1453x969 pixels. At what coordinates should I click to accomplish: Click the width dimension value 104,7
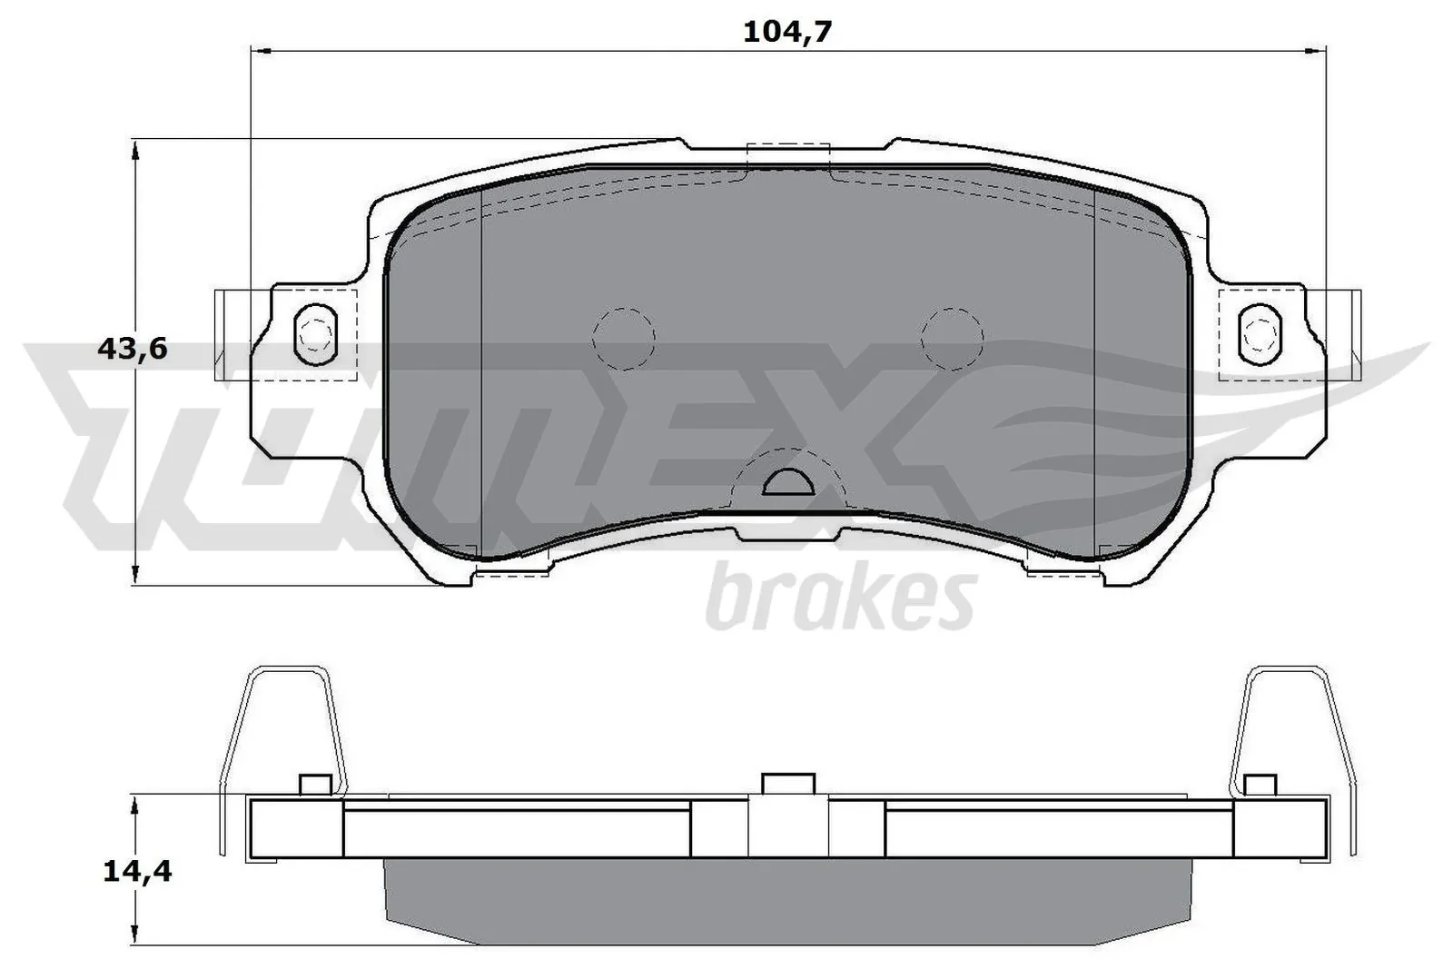787,32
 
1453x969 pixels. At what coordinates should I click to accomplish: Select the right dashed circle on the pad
952,338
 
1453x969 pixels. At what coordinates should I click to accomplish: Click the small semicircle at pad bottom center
786,484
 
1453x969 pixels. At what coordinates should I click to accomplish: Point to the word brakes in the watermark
840,599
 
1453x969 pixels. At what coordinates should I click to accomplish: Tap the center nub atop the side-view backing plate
787,784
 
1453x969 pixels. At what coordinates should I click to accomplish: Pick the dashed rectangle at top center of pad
787,156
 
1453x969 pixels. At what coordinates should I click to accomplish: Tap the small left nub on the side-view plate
313,785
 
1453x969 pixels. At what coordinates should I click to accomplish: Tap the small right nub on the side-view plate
1260,785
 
